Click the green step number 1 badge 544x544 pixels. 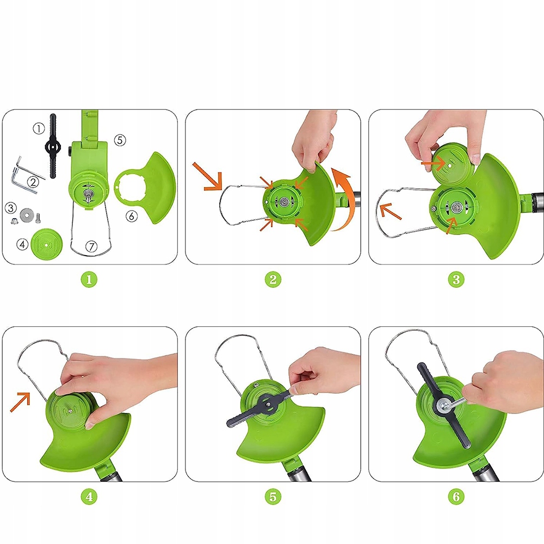coord(89,279)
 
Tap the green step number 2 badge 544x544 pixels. coord(273,279)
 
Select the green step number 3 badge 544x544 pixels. coord(456,279)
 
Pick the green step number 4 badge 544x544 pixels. coord(89,497)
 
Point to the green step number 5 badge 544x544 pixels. coord(273,497)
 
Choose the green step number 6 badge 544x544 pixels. coord(456,497)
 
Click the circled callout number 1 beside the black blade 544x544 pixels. coord(39,128)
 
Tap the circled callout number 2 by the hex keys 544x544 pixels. coord(33,182)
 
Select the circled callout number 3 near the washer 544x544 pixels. coord(11,208)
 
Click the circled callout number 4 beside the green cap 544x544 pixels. coord(22,244)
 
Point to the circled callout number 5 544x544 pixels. coord(120,140)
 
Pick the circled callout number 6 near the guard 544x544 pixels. coord(131,216)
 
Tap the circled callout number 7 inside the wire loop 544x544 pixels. coord(91,246)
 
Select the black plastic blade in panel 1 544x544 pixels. coord(53,146)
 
